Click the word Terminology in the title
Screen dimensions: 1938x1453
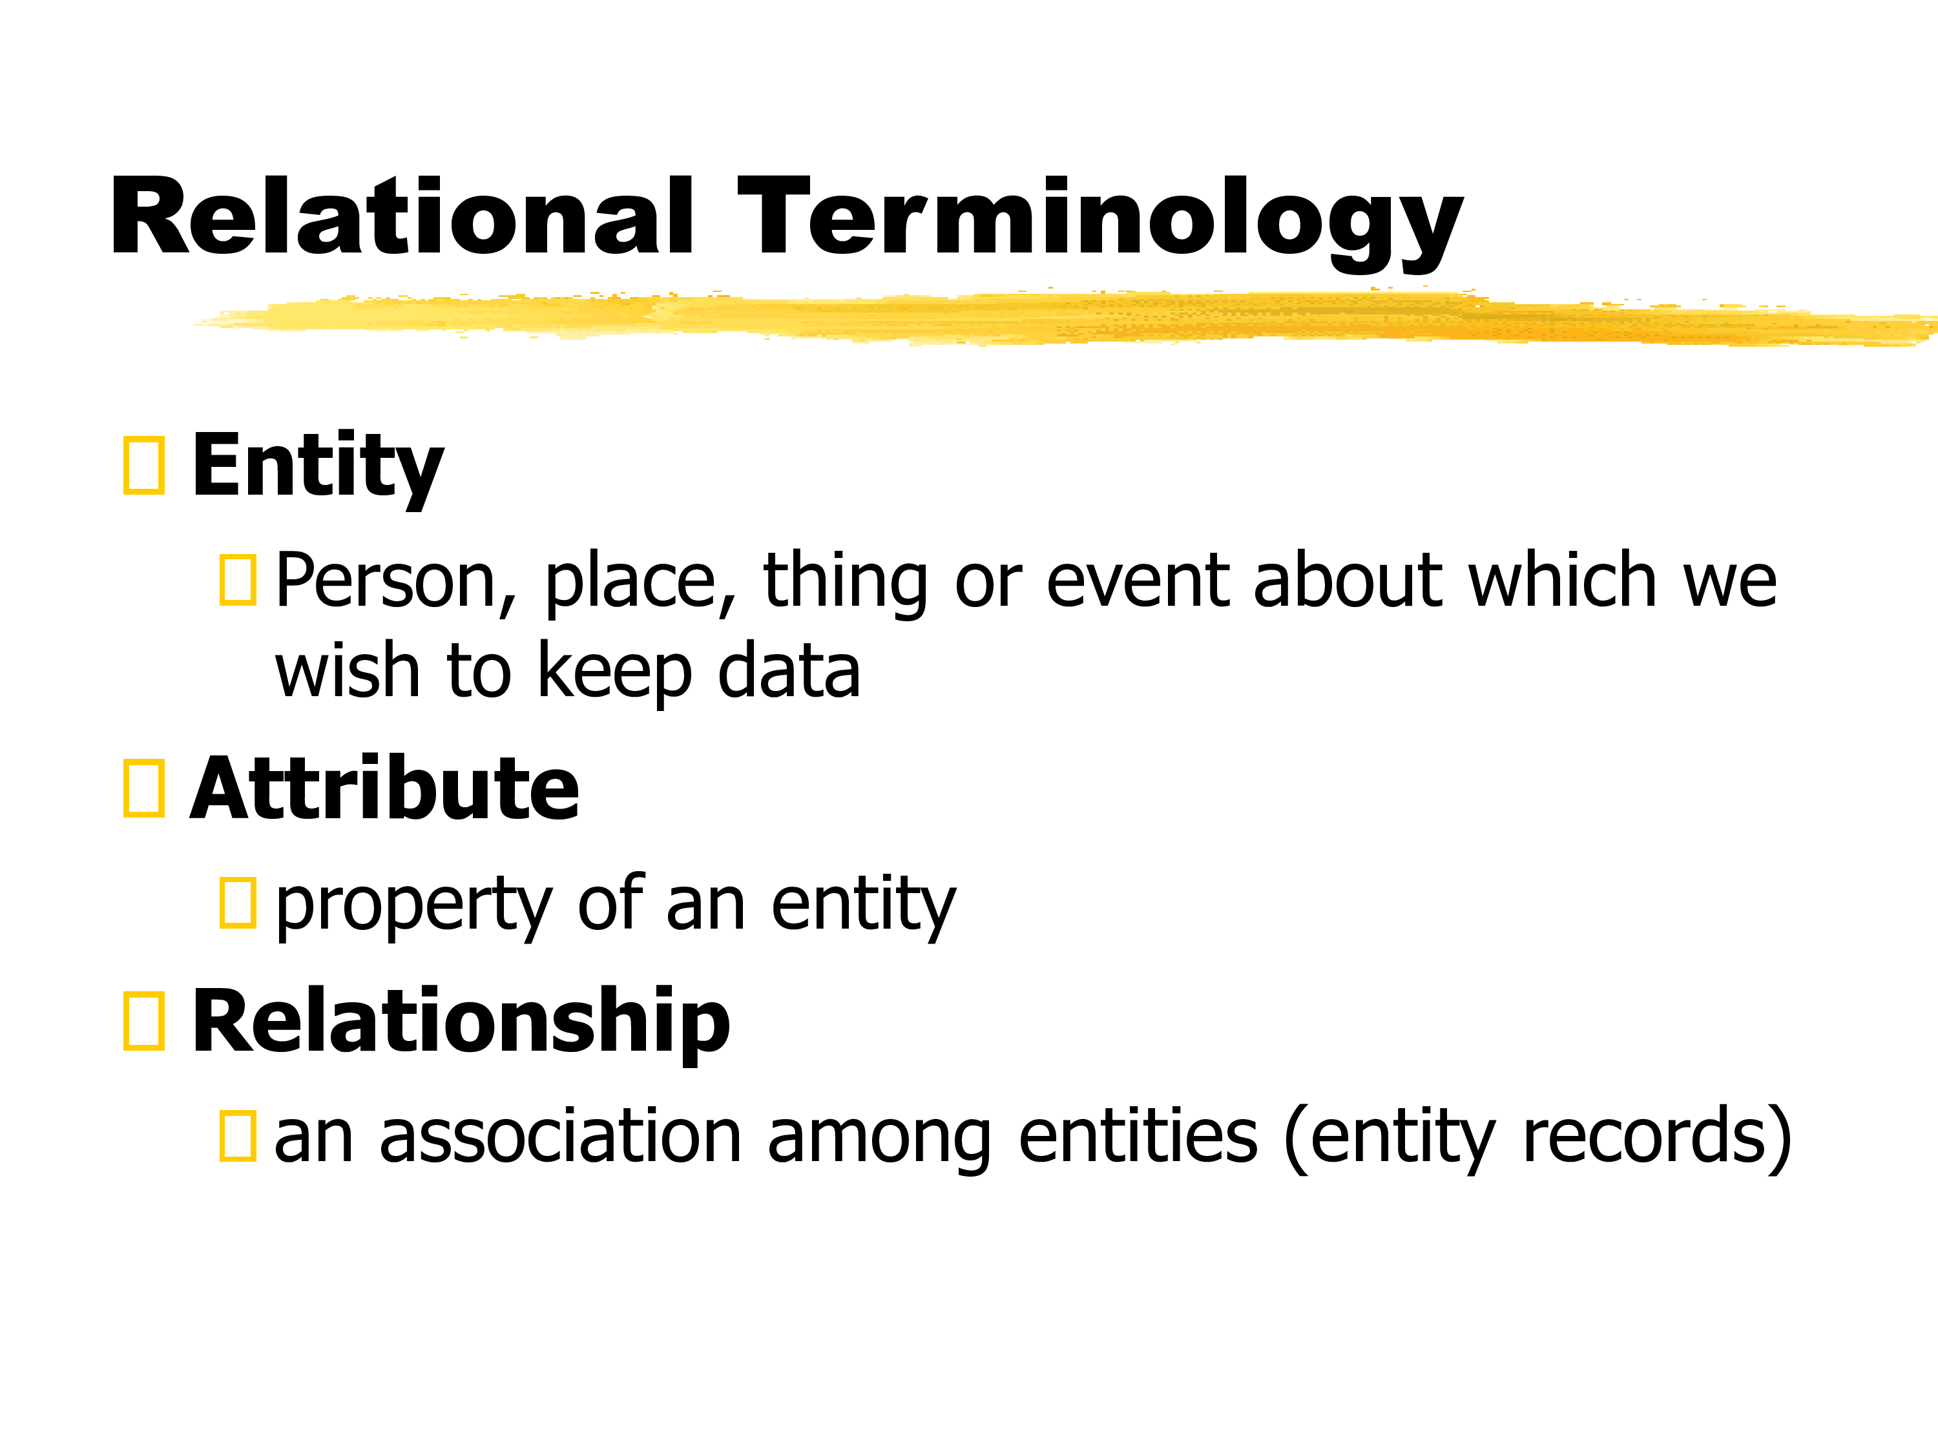pyautogui.click(x=1100, y=224)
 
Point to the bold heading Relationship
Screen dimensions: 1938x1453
pyautogui.click(x=461, y=1022)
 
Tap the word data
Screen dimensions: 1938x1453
pyautogui.click(x=789, y=671)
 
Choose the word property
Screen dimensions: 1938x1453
pyautogui.click(x=413, y=907)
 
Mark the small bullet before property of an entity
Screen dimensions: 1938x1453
pyautogui.click(x=238, y=902)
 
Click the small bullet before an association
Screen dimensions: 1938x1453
pyautogui.click(x=238, y=1136)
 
